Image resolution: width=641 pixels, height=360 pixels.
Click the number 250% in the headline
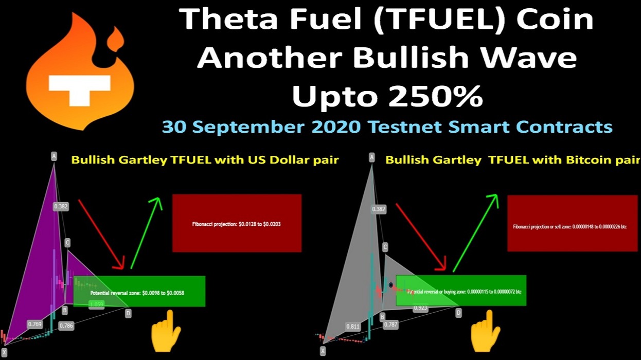[439, 96]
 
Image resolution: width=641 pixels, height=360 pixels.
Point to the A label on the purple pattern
[54, 156]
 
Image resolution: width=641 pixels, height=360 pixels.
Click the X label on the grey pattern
[323, 351]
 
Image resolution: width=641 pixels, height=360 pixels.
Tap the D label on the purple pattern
[128, 313]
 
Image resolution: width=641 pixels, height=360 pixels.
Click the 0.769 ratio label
[34, 324]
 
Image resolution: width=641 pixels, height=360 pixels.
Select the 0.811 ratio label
[353, 326]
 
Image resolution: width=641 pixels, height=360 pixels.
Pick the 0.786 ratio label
[66, 326]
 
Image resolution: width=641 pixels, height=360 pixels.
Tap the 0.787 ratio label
[391, 325]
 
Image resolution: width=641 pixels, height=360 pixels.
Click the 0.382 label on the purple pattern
[61, 206]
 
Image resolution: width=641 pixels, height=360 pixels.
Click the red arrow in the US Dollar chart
[101, 234]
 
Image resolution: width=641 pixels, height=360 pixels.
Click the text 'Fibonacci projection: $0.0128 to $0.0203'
[236, 224]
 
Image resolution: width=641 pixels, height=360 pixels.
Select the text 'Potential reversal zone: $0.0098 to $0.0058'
[137, 293]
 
